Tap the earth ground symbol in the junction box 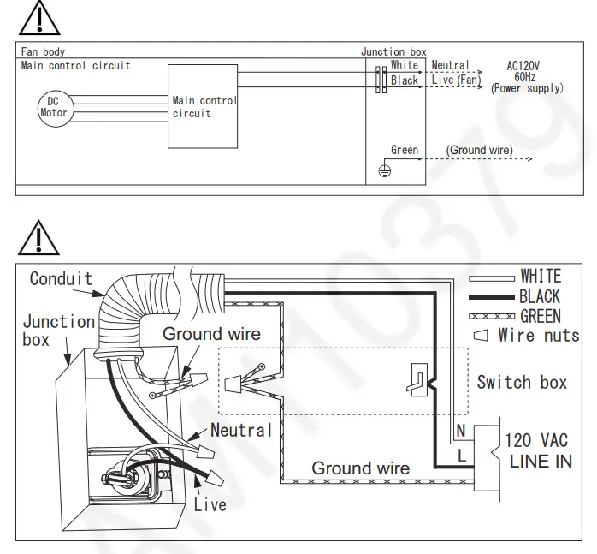coord(385,171)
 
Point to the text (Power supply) coord(527,88)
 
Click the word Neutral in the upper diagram coord(450,65)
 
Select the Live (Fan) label coord(456,80)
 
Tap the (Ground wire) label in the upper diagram coord(479,150)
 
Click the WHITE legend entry coord(541,276)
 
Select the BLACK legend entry coord(540,296)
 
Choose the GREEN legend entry coord(541,316)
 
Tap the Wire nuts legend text coord(539,335)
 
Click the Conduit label coord(61,278)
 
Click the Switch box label coord(522,382)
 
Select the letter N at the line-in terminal coord(461,432)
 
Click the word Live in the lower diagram coord(210,504)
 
